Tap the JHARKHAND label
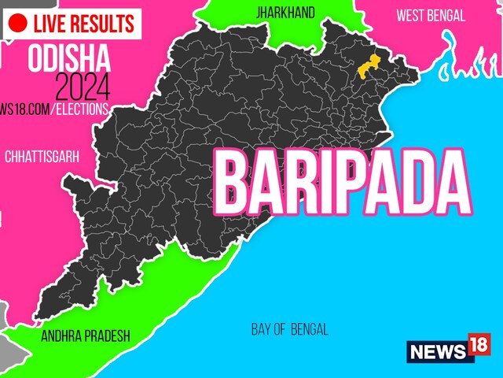285,13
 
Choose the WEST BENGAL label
430,15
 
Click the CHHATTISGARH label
42,157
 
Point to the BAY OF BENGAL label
290,329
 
